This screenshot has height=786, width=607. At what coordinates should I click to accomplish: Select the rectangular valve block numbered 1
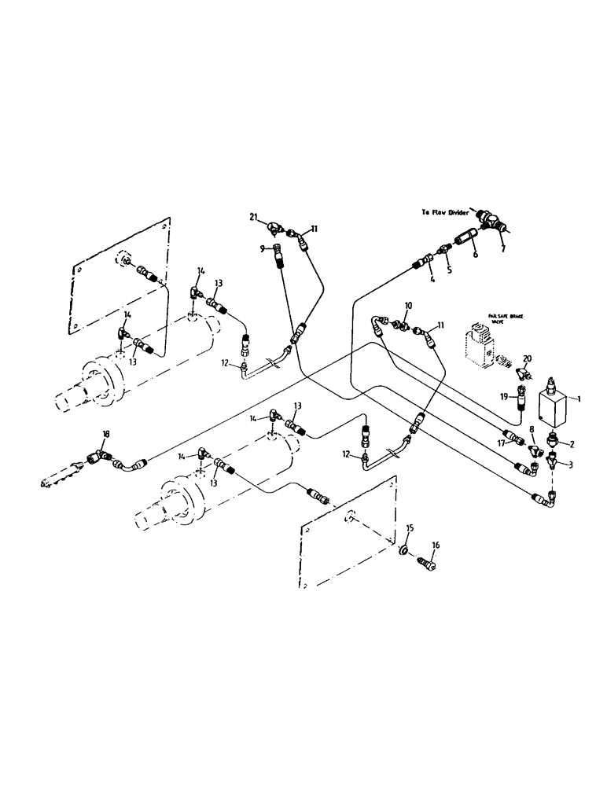click(555, 408)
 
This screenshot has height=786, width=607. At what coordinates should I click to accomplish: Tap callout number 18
click(106, 434)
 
